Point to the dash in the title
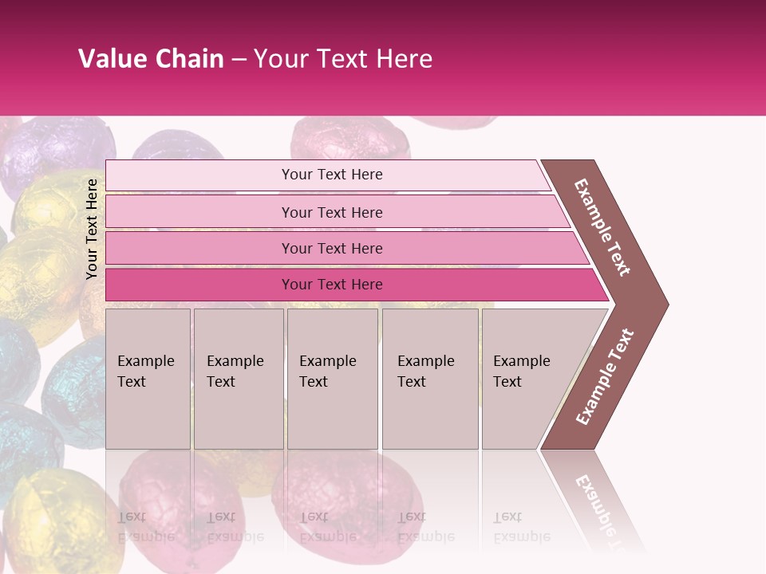(x=239, y=60)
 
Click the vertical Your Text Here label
(x=92, y=229)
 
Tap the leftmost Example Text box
(x=148, y=379)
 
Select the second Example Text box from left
(x=239, y=379)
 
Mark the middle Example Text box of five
(x=332, y=379)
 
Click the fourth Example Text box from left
(x=430, y=379)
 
